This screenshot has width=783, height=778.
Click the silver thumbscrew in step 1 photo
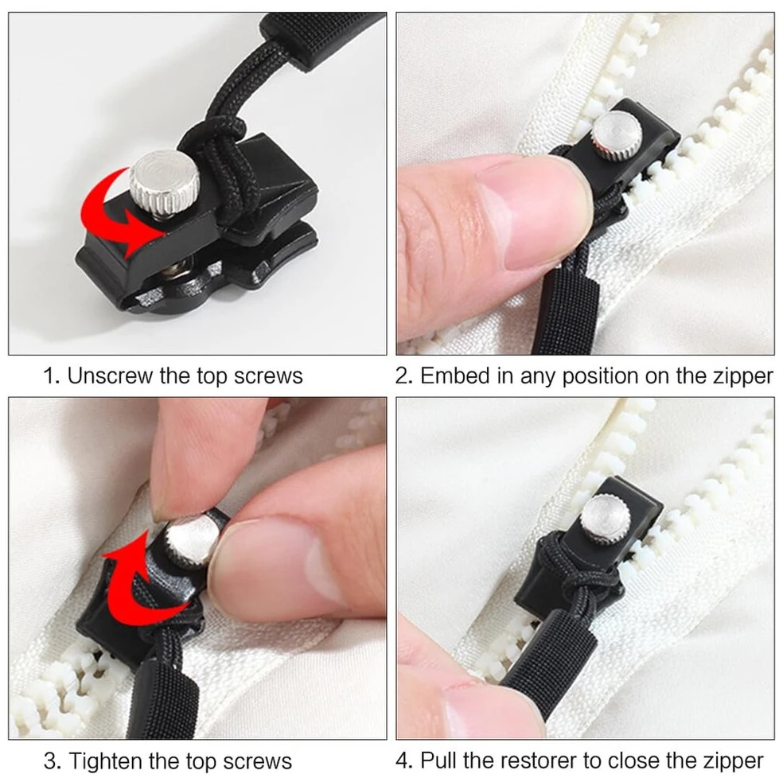164,182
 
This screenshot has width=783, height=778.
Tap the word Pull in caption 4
438,760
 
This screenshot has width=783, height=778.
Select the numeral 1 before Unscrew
49,376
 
